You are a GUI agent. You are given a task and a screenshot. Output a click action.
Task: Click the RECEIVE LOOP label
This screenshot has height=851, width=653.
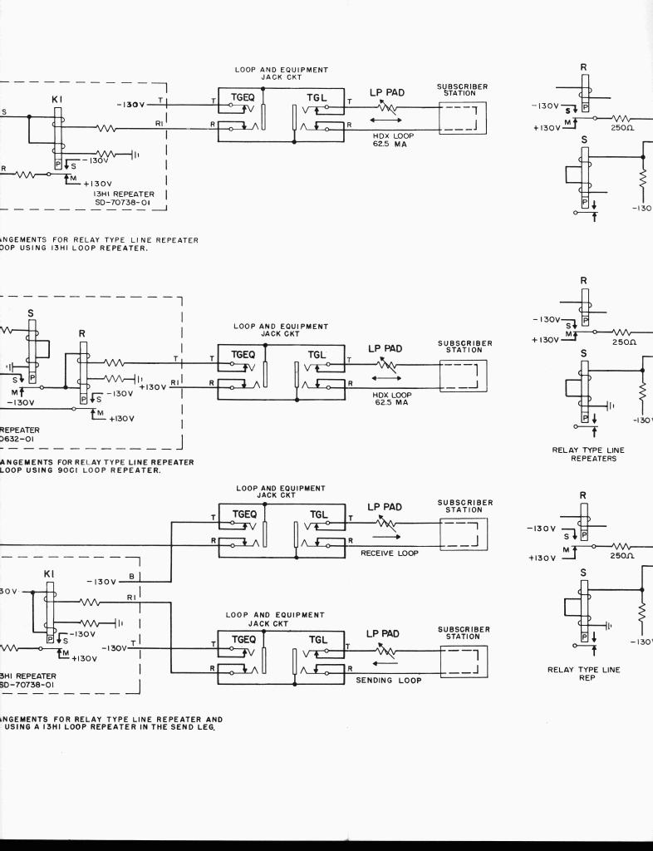click(x=390, y=552)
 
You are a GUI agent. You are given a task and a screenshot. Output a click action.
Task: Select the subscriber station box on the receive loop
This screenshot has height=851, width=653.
click(x=463, y=534)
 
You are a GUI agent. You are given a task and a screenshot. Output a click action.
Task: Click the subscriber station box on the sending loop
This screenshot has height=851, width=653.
click(x=463, y=662)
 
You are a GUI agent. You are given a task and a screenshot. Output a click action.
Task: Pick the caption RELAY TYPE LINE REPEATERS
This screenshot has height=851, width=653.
click(x=588, y=454)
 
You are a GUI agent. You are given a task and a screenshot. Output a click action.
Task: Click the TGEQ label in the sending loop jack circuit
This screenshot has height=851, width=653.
click(x=244, y=641)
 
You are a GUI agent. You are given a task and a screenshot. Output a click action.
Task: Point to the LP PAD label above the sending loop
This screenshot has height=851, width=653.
click(x=385, y=633)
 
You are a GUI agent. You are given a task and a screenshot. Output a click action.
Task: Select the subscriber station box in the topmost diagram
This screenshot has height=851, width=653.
click(x=462, y=117)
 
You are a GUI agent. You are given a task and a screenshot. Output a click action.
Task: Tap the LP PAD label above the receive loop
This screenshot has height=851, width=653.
click(x=385, y=507)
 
